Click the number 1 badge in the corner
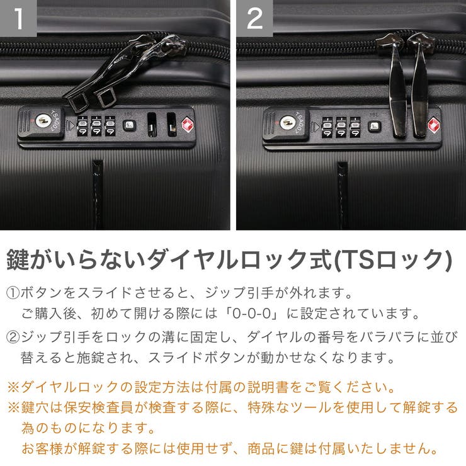tap(18, 18)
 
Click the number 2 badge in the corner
tap(254, 18)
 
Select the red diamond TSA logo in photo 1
tap(188, 125)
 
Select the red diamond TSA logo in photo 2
tap(434, 125)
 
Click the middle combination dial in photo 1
tap(96, 125)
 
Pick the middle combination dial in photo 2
tap(341, 126)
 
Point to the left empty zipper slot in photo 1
tap(152, 125)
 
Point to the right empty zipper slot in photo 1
tap(171, 125)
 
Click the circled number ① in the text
tap(13, 293)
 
